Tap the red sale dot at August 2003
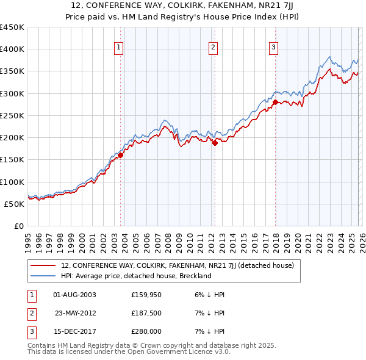120,155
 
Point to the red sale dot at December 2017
275,103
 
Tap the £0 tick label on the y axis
18,226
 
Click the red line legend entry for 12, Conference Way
177,265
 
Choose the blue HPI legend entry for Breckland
135,276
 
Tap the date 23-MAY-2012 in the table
75,313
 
